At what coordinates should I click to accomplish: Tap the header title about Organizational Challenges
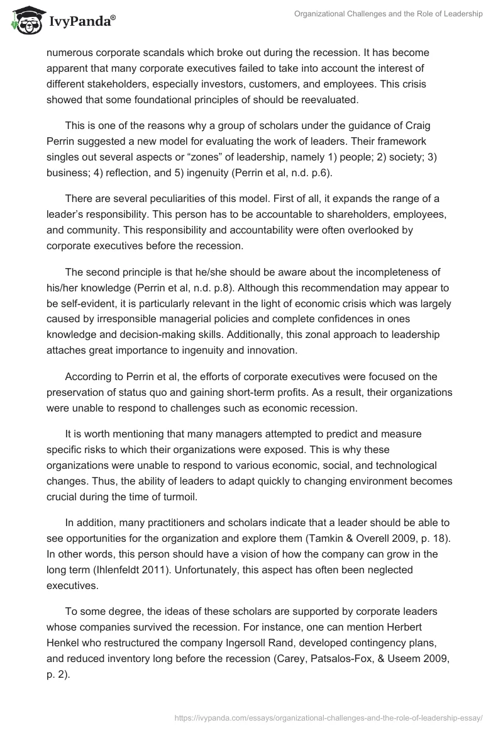[x=388, y=14]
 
